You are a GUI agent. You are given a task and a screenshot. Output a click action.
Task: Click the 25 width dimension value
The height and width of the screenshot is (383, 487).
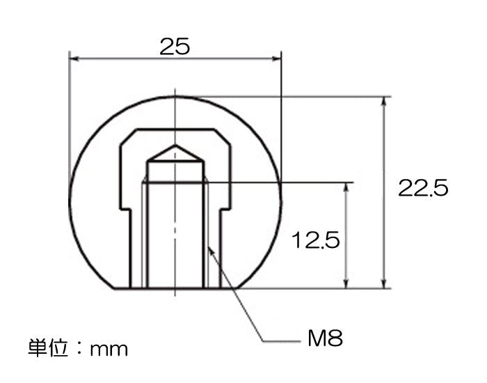175,47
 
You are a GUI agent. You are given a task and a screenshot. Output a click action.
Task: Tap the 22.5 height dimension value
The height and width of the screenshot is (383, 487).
423,188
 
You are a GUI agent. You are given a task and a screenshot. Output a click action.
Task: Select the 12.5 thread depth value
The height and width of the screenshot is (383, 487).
316,240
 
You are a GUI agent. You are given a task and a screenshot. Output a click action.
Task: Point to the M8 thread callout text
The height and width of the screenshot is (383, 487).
325,338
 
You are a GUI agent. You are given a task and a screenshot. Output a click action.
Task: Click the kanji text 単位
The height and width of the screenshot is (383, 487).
48,348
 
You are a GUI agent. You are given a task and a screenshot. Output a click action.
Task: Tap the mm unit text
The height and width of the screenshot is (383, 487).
109,350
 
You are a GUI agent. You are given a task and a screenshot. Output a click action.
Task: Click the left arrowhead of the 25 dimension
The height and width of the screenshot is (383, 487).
74,58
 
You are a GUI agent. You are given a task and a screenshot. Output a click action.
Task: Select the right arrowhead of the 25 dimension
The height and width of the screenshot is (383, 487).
276,58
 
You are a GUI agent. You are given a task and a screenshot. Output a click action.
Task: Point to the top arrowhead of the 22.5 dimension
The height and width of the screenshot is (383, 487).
384,102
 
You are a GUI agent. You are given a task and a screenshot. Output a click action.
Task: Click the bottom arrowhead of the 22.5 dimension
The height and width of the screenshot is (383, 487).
384,283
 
